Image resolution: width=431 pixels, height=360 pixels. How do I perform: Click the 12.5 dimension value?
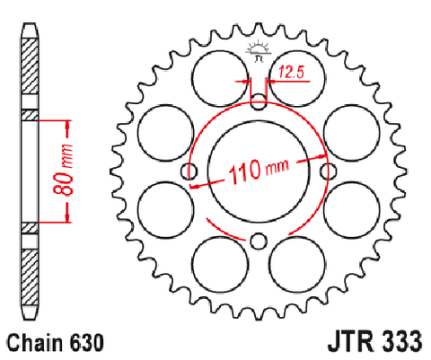click(291, 73)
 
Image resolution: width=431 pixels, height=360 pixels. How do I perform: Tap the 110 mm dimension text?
click(259, 171)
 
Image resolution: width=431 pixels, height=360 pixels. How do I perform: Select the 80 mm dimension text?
click(63, 170)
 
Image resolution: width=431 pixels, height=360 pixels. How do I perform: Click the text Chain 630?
click(56, 342)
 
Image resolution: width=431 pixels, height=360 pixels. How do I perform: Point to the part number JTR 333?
click(375, 341)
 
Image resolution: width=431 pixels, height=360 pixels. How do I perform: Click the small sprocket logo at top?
click(259, 51)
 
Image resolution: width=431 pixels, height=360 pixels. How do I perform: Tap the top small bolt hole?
click(259, 101)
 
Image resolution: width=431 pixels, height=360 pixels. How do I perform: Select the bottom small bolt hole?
click(259, 241)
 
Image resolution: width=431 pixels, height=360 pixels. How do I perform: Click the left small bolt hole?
click(189, 171)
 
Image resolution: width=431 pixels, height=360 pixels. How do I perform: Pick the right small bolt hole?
click(329, 171)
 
